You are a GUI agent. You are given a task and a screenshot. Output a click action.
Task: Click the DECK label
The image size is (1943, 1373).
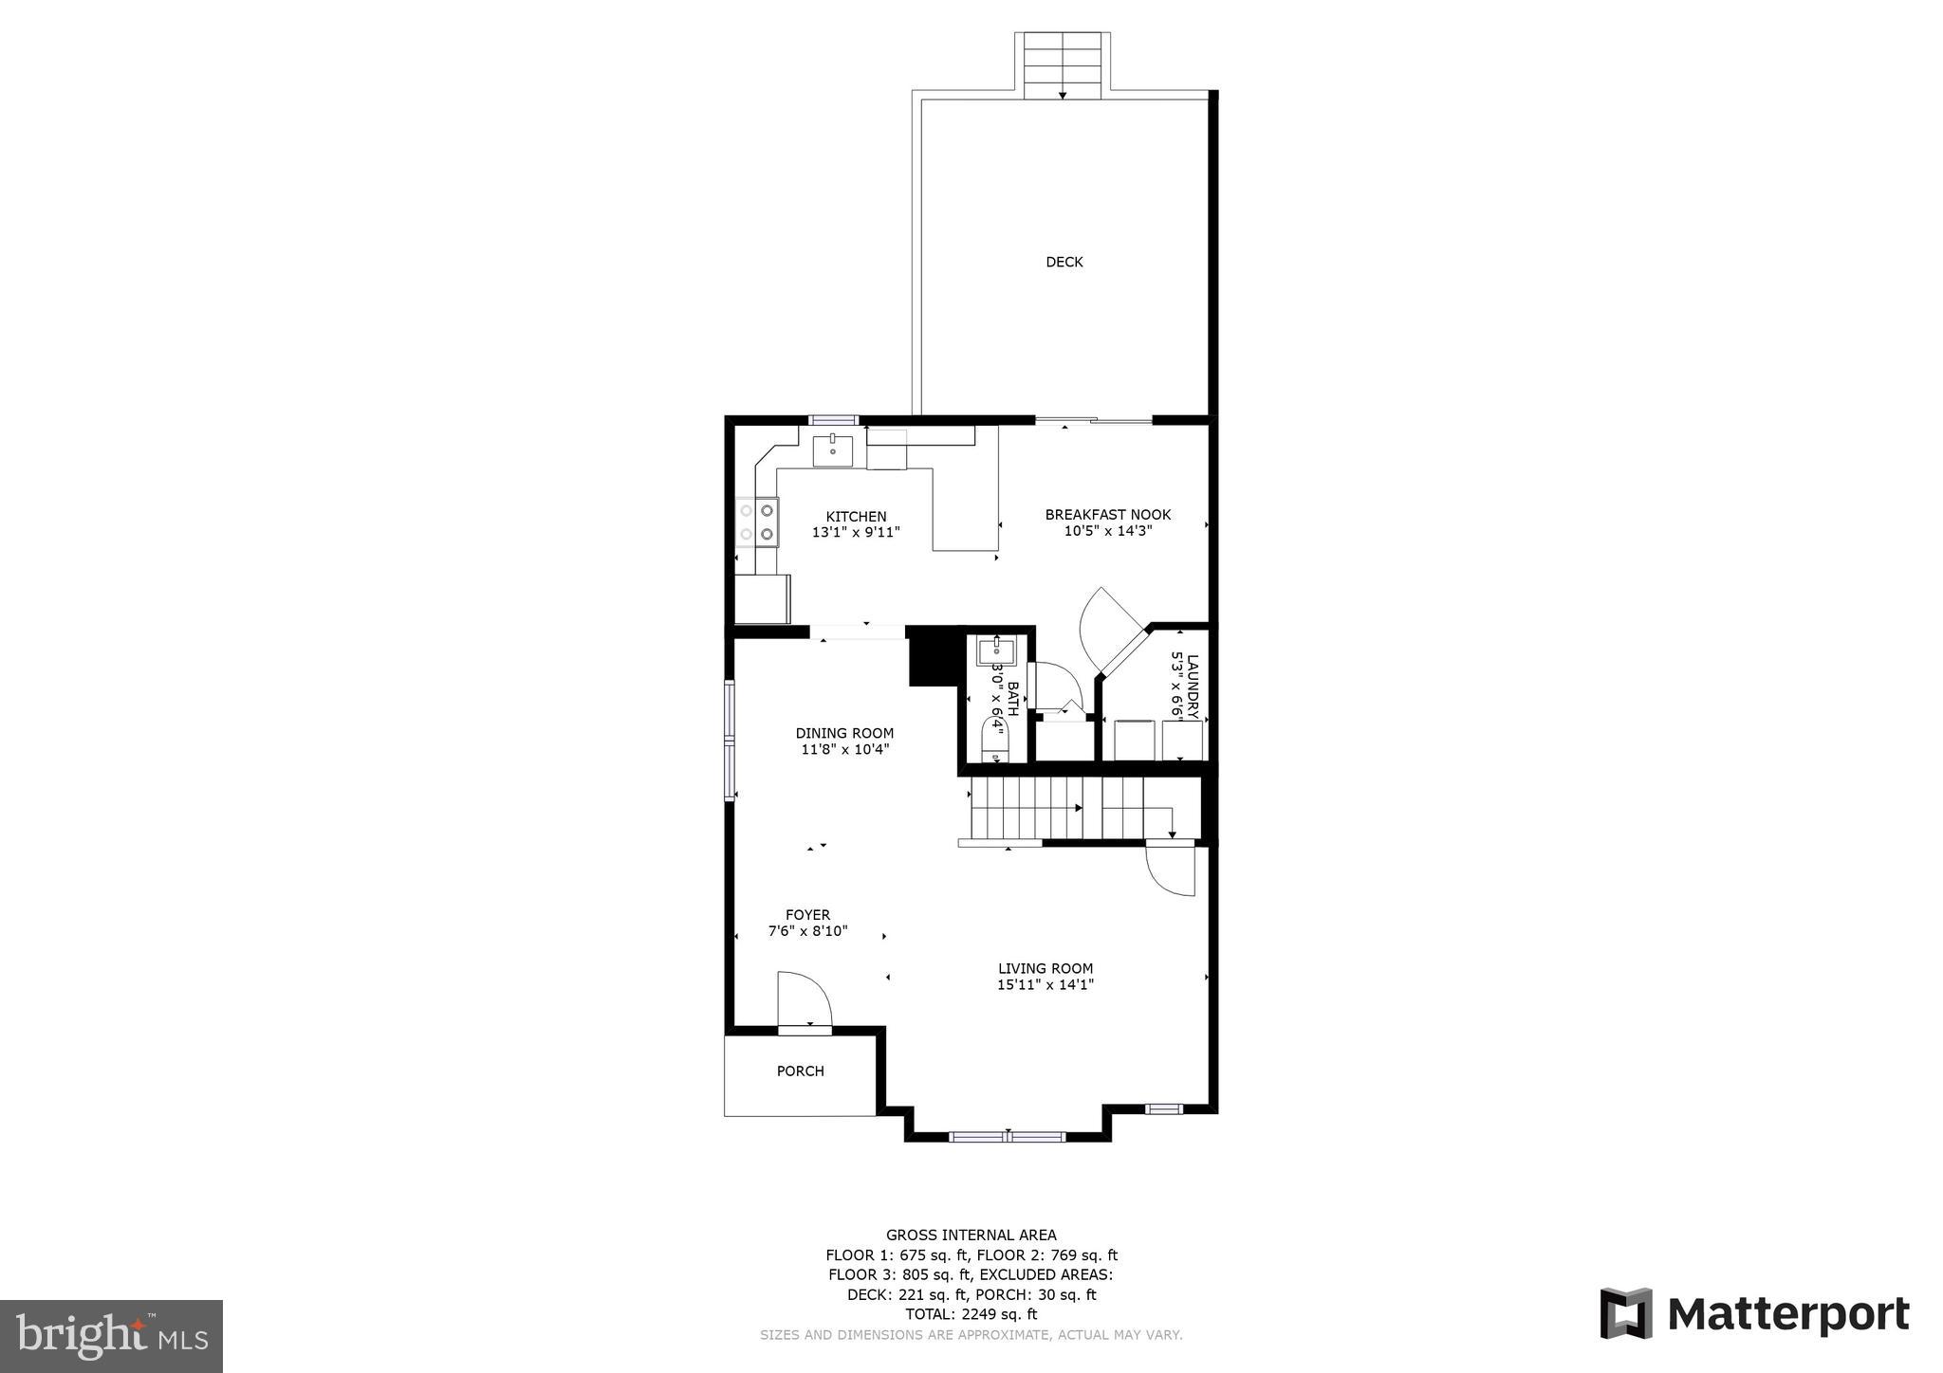pyautogui.click(x=1064, y=262)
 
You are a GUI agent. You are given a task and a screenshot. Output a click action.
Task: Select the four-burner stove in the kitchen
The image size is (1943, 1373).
pyautogui.click(x=758, y=522)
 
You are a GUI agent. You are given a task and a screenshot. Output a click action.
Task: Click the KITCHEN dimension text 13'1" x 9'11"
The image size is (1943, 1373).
pyautogui.click(x=855, y=533)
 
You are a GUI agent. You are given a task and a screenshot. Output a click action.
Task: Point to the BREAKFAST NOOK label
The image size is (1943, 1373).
pyautogui.click(x=1107, y=515)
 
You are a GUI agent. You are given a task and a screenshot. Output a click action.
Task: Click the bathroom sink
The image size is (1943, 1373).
pyautogui.click(x=995, y=651)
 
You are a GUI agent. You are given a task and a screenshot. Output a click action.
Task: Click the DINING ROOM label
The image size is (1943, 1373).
pyautogui.click(x=844, y=733)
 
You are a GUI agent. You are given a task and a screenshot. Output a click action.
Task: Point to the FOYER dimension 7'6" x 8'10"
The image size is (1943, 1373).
pyautogui.click(x=807, y=931)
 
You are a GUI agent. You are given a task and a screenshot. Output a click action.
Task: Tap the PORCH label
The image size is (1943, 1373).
pyautogui.click(x=800, y=1071)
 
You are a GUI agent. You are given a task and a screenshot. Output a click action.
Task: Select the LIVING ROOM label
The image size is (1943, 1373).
pyautogui.click(x=1045, y=968)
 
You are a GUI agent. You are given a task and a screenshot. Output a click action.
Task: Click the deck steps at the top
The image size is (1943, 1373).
pyautogui.click(x=1063, y=64)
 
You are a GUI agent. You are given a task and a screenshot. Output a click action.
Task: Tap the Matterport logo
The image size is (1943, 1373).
pyautogui.click(x=1754, y=1314)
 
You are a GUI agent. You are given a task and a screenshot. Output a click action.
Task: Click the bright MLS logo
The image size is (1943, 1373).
pyautogui.click(x=111, y=1336)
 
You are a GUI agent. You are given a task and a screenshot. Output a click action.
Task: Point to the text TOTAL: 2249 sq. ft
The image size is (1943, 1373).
pyautogui.click(x=971, y=1314)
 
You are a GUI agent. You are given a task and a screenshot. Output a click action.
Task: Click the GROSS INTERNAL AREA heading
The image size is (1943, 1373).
pyautogui.click(x=971, y=1235)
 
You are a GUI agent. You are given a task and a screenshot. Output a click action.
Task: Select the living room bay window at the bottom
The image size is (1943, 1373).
pyautogui.click(x=1008, y=1136)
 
